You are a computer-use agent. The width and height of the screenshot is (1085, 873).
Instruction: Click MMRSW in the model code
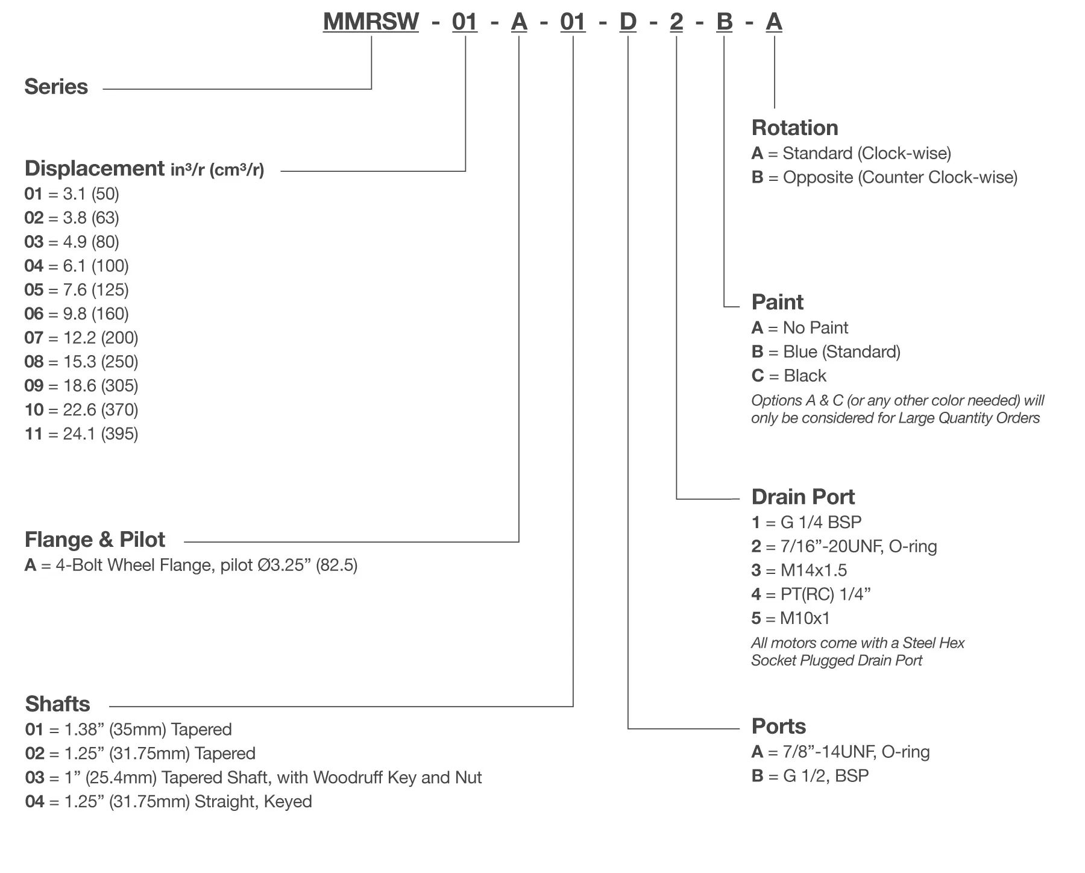point(371,22)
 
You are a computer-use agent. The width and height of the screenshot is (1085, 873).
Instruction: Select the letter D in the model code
point(627,22)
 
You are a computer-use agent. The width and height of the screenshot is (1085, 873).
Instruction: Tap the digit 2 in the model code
point(676,22)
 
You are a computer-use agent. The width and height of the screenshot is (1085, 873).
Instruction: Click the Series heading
point(56,87)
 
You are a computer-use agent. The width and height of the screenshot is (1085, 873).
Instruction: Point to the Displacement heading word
point(95,168)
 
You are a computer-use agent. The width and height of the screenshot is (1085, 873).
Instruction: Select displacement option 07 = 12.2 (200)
point(81,338)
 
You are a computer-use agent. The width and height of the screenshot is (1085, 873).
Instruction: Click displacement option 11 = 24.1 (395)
point(81,433)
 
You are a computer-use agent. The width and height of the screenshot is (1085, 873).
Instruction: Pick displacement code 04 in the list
point(34,266)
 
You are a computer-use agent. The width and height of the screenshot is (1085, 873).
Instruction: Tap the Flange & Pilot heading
point(95,540)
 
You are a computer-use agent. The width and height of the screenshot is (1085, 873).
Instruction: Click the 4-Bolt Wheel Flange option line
point(191,565)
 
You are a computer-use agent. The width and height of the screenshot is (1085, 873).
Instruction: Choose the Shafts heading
point(57,704)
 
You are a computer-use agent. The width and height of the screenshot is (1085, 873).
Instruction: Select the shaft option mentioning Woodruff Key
point(253,777)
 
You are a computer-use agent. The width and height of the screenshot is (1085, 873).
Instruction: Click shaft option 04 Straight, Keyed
point(169,801)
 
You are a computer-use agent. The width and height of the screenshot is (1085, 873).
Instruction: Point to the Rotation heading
point(794,128)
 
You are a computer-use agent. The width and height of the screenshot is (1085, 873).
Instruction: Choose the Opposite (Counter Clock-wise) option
point(884,177)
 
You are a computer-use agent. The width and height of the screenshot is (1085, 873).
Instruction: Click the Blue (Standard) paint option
point(826,351)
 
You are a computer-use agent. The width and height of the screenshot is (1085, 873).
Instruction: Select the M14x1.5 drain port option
point(799,570)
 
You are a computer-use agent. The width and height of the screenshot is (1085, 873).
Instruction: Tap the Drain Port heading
point(803,497)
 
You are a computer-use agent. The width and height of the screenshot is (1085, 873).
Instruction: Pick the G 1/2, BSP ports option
point(810,775)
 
